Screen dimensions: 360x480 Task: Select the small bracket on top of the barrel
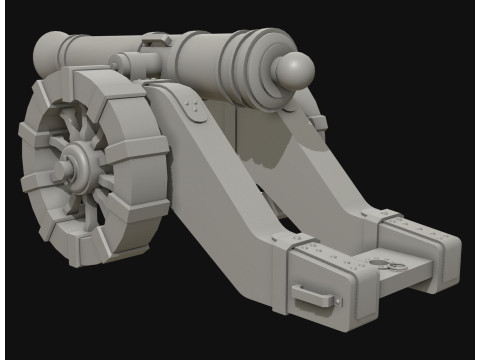pyautogui.click(x=156, y=41)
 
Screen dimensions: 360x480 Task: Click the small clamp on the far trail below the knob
pyautogui.click(x=318, y=123)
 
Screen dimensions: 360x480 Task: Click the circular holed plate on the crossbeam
pyautogui.click(x=382, y=262)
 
